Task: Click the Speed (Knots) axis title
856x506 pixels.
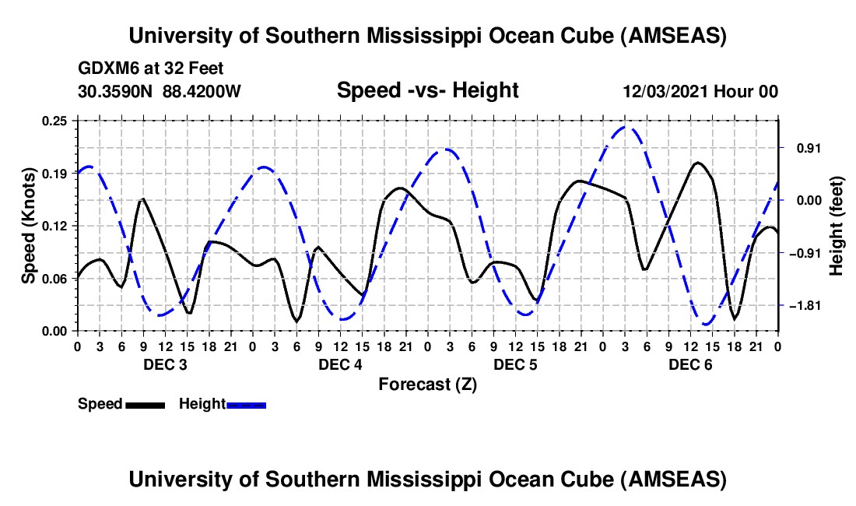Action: pos(29,225)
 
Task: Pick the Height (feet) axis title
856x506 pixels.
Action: pos(837,226)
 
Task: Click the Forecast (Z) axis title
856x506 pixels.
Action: pos(427,384)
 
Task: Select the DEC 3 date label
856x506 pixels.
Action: pos(165,364)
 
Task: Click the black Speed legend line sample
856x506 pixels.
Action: pos(145,405)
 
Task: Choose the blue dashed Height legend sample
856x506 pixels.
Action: pos(247,405)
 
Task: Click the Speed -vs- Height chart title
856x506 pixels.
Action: pos(427,90)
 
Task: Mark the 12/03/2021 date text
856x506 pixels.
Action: pos(664,92)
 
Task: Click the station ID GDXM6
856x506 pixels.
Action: pos(105,69)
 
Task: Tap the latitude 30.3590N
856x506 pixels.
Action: pos(117,92)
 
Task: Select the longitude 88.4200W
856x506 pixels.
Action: pos(202,92)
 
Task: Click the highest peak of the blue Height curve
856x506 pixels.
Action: pos(626,127)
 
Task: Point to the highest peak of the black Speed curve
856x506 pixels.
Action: pos(698,163)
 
